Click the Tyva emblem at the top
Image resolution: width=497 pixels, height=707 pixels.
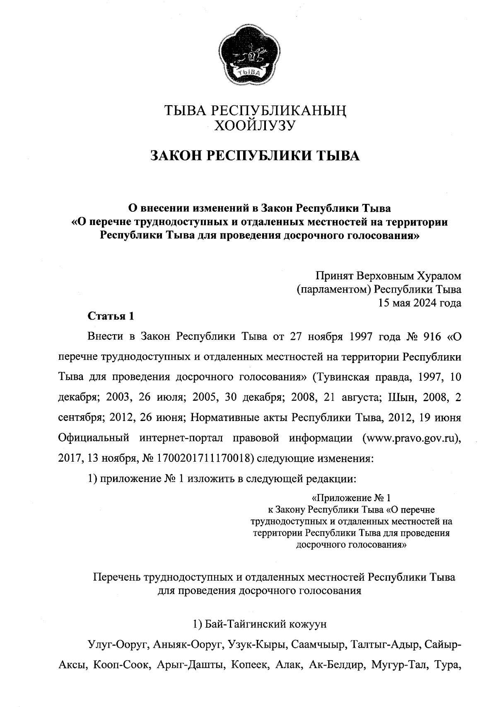coord(248,56)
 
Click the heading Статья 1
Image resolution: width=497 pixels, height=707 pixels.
coord(111,316)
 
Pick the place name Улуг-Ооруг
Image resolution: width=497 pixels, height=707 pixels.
coord(117,645)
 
